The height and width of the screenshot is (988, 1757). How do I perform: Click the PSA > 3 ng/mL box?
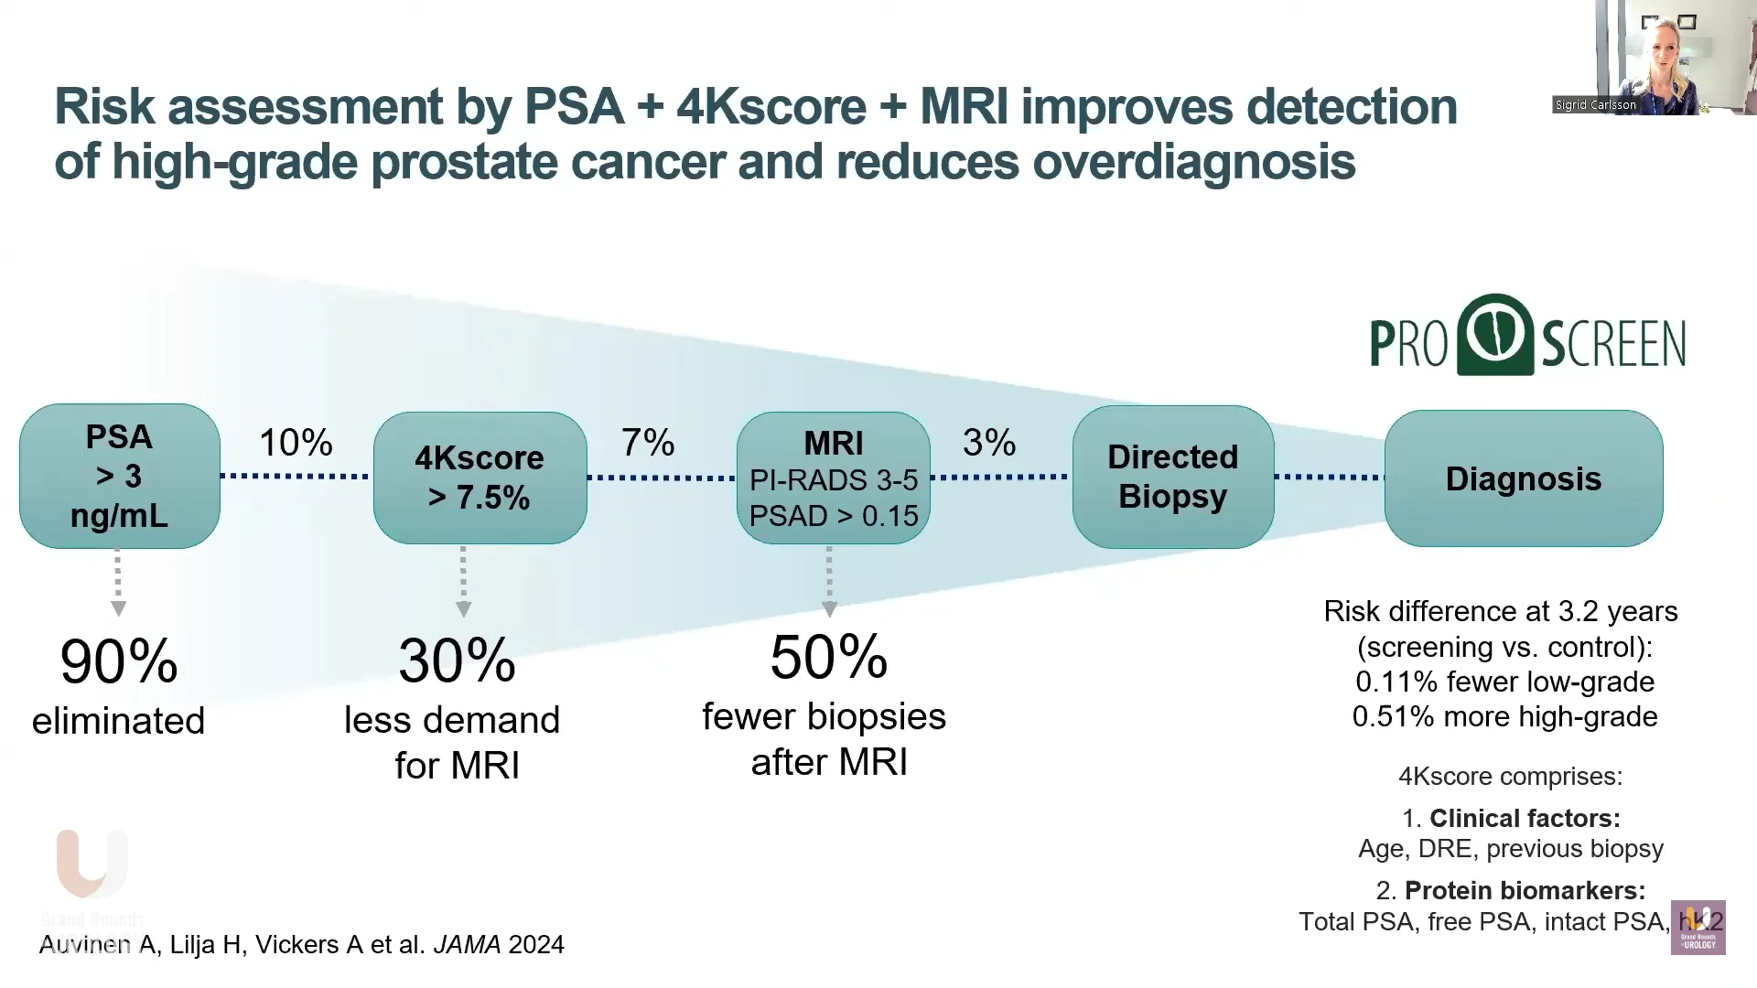119,476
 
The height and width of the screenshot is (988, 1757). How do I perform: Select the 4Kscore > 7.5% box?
480,478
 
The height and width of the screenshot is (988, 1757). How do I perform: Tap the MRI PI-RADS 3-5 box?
833,478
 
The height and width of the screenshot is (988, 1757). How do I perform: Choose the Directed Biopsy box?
1172,477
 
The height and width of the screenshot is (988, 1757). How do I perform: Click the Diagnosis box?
1523,478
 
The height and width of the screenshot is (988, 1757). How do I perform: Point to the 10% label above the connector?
296,443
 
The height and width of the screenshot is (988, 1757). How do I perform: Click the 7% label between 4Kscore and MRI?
648,443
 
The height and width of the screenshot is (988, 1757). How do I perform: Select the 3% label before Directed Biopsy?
988,443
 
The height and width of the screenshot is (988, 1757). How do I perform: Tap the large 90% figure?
119,661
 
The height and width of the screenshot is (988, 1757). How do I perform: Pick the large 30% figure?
457,660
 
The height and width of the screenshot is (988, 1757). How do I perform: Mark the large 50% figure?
829,657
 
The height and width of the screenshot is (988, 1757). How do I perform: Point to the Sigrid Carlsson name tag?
1596,105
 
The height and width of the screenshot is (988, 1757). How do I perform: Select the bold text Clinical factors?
1525,818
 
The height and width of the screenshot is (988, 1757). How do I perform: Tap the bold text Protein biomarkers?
1525,890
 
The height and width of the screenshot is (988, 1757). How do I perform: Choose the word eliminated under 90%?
118,721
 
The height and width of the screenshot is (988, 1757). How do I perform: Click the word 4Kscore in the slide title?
771,107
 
